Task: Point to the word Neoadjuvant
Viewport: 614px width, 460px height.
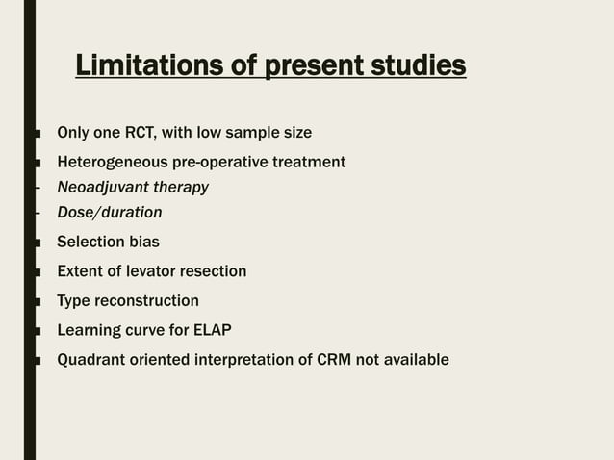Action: pyautogui.click(x=101, y=187)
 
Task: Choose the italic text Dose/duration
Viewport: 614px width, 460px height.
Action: pyautogui.click(x=109, y=212)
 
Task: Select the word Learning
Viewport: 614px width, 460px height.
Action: pyautogui.click(x=88, y=330)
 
